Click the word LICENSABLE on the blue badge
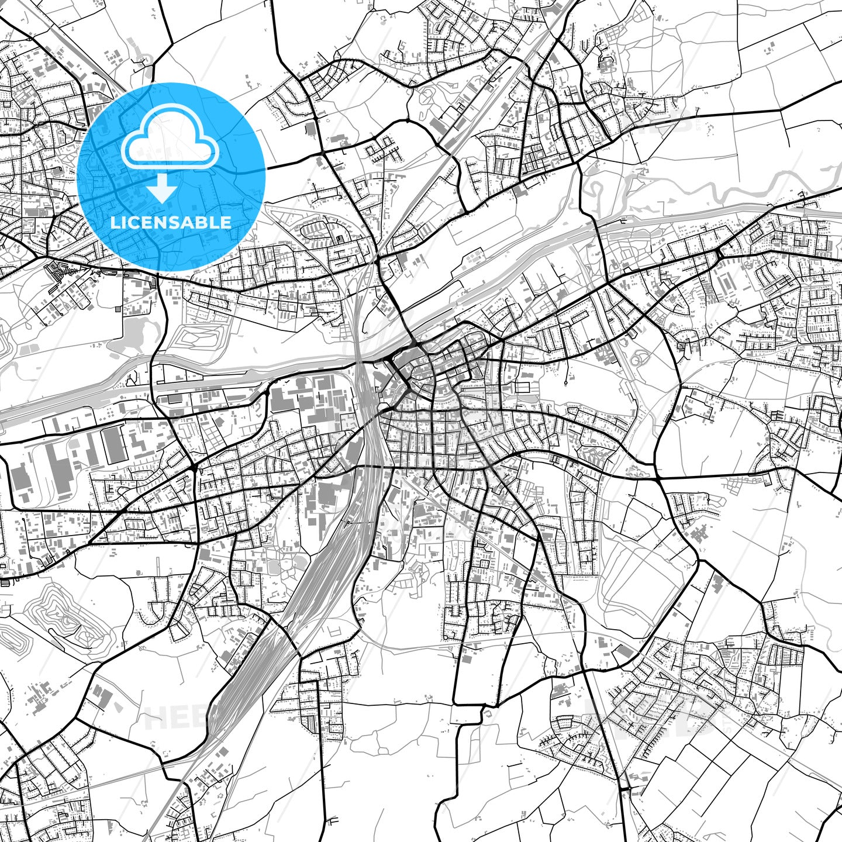point(171,223)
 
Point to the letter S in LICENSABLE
point(181,223)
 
